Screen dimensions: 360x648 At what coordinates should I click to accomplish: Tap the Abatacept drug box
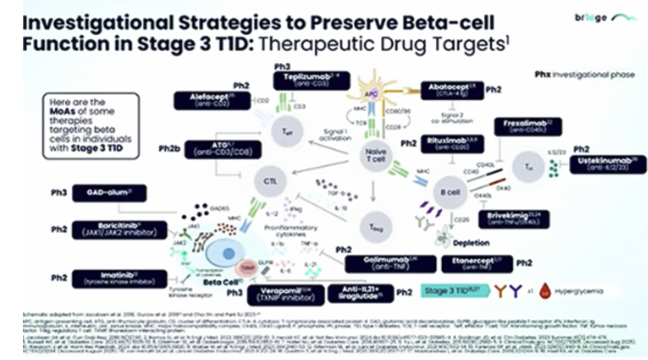click(452, 89)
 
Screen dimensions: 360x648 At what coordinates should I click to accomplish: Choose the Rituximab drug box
click(447, 144)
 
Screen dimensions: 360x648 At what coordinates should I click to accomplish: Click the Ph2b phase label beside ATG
click(170, 148)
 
